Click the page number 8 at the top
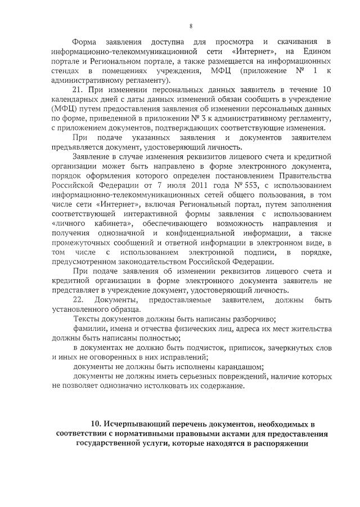pos(191,26)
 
